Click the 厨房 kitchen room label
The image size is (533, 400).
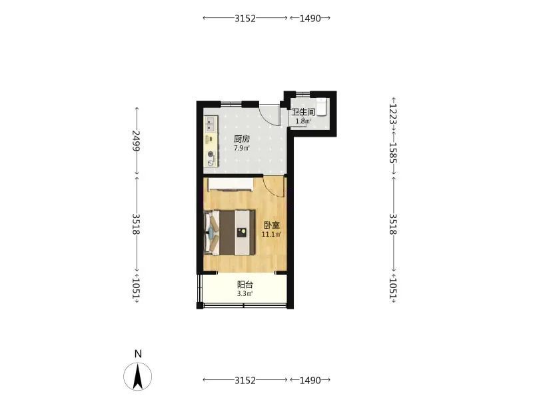[242, 139]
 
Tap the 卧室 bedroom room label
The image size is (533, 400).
[272, 225]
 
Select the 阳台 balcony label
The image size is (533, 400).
[245, 285]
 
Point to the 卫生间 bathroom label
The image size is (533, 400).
[304, 112]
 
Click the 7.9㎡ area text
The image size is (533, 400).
[242, 148]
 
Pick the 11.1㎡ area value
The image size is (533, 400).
[271, 235]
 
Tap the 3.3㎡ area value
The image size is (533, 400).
[245, 294]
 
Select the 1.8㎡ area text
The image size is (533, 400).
[303, 121]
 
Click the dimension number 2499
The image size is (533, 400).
[137, 141]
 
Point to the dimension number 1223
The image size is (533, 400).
[393, 114]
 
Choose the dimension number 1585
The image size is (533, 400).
[393, 153]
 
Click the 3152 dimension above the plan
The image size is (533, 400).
[245, 19]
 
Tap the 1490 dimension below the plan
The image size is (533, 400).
[310, 380]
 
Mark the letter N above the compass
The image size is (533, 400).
[138, 354]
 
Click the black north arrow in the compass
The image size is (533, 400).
[138, 376]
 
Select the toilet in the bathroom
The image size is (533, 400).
[322, 107]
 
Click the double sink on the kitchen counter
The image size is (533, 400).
[211, 124]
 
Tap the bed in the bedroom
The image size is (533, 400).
[229, 232]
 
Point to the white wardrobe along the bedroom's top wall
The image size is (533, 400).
[231, 184]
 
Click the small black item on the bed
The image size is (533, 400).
[242, 232]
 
